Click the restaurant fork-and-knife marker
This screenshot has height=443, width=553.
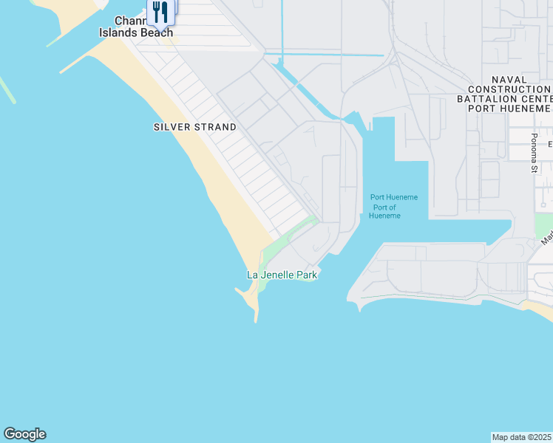(160, 11)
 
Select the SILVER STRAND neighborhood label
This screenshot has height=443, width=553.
(195, 127)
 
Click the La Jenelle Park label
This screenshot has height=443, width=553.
(282, 275)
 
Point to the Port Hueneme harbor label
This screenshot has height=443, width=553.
(393, 197)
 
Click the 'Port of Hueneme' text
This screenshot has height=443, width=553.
(384, 211)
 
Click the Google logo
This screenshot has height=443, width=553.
(24, 434)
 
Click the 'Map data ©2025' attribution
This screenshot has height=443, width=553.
(522, 437)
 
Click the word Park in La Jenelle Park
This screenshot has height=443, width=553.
(306, 275)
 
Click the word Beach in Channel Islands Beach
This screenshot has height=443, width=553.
(157, 32)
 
